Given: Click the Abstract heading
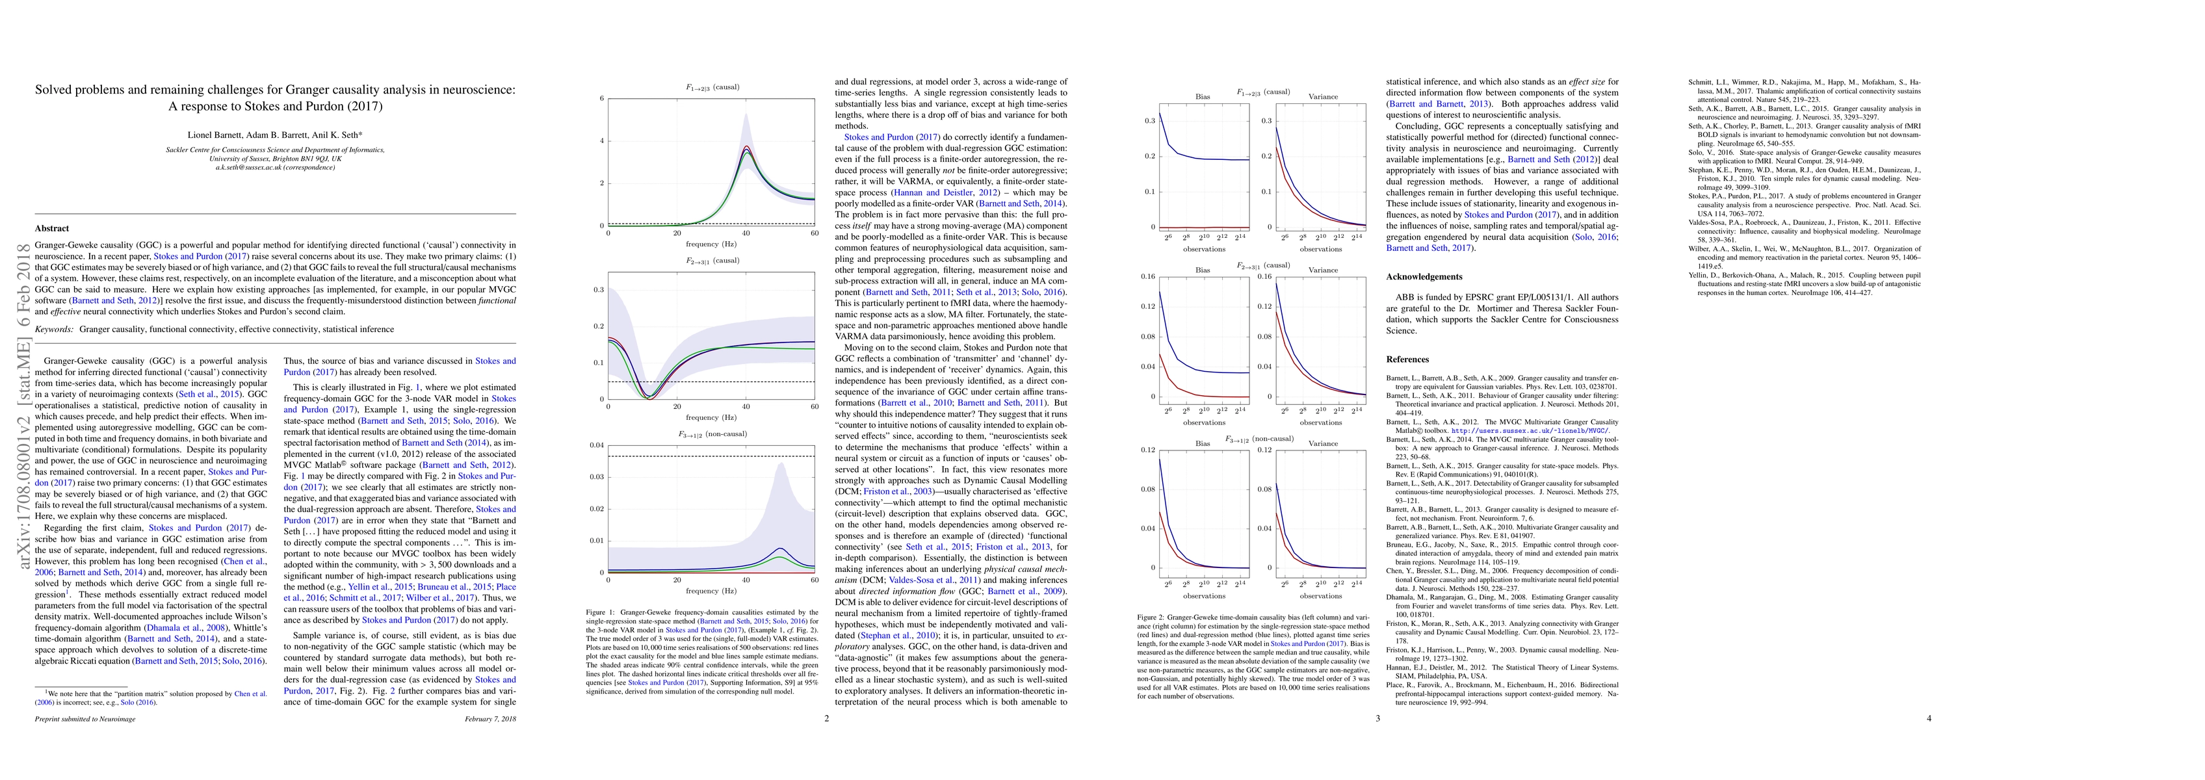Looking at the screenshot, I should click(51, 229).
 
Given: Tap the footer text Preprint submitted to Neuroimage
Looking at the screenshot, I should click(85, 718).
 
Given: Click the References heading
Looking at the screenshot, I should click(1408, 359).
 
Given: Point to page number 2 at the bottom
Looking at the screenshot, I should click(827, 718).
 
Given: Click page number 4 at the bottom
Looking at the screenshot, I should click(1929, 718).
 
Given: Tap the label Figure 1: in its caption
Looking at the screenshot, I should click(600, 613).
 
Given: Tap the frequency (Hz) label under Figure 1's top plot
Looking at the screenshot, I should click(711, 243).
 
